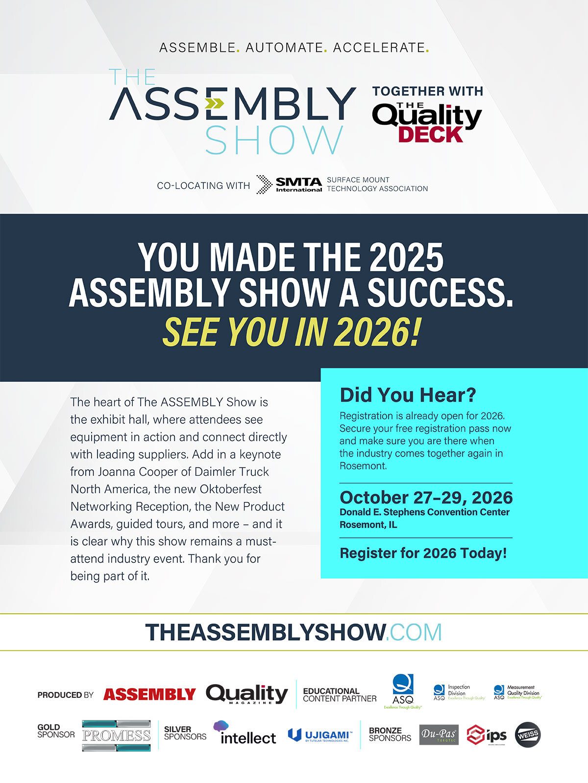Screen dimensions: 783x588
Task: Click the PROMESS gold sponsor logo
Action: [116, 735]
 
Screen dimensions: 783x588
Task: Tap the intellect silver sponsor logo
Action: [245, 733]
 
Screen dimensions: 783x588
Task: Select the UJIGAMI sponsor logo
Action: [319, 735]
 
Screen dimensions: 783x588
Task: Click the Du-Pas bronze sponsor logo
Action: [439, 735]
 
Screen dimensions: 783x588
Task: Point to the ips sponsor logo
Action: [486, 735]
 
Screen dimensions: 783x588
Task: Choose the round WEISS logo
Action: [528, 735]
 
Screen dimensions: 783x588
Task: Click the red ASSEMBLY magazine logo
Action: [149, 694]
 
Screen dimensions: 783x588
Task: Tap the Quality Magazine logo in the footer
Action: [246, 694]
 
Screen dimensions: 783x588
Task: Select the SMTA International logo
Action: [289, 184]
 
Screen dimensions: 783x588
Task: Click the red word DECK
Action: [430, 135]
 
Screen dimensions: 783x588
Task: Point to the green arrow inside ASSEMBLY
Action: [214, 103]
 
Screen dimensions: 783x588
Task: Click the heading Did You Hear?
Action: [408, 395]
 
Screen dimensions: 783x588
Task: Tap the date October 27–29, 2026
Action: [426, 497]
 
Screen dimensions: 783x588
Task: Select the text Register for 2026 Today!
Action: [423, 553]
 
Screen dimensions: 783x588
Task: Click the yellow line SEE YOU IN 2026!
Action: [292, 332]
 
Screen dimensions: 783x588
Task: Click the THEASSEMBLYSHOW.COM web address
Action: [294, 632]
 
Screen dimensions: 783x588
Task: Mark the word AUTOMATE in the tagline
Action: [285, 48]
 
